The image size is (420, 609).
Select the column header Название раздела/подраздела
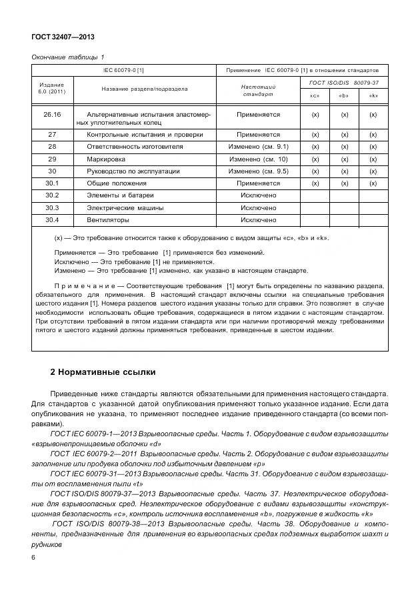[144, 89]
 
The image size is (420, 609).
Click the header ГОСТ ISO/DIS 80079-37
[344, 82]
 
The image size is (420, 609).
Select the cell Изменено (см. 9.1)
[258, 146]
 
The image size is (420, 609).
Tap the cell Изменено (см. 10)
[258, 159]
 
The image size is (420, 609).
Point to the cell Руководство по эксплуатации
[127, 171]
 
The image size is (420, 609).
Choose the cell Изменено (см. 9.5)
[258, 171]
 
